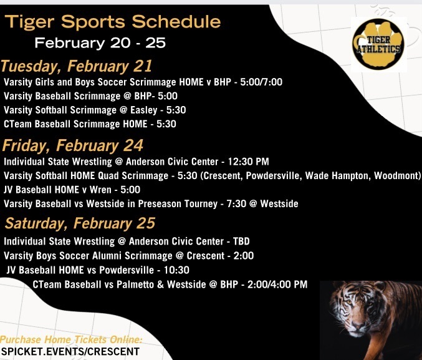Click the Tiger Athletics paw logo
tap(378, 44)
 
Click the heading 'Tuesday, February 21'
tap(77, 67)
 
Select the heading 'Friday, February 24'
tap(73, 146)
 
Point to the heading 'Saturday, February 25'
tap(80, 223)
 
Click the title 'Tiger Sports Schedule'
tap(113, 22)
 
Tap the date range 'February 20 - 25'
tap(100, 43)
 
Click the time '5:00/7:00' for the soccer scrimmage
tap(261, 82)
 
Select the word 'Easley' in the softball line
tap(144, 110)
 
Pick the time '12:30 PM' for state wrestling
tap(249, 162)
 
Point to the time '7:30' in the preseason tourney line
tap(236, 204)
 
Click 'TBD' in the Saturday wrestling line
tap(241, 241)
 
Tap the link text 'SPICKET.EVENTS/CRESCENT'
tap(70, 352)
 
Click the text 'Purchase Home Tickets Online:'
tap(71, 339)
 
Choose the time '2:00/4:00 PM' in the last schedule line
tap(277, 285)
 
